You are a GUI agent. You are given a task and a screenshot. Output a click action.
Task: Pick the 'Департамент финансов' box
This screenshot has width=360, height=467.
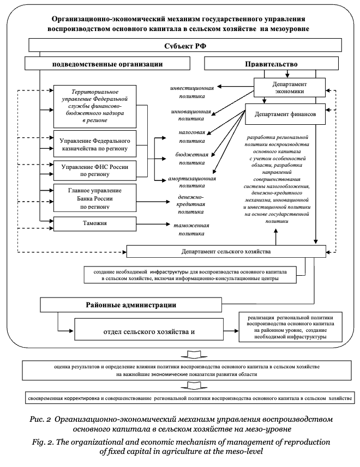286,115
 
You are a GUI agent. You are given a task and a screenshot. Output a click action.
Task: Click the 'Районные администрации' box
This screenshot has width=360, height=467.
136,304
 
